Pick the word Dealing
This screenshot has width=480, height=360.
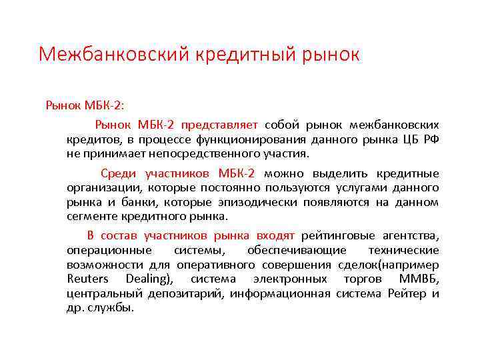[x=154, y=279]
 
